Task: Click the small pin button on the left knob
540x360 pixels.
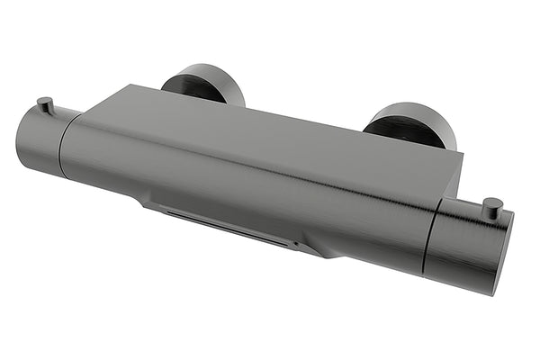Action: click(45, 104)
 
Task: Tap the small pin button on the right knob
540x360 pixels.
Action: click(491, 207)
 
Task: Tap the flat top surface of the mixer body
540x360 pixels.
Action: click(270, 126)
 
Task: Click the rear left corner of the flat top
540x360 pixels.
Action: click(131, 87)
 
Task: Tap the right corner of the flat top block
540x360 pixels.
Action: click(460, 154)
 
